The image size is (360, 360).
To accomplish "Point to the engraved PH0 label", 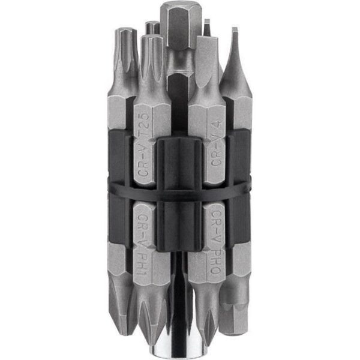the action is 215,262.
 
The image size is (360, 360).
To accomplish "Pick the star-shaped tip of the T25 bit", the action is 152,58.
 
